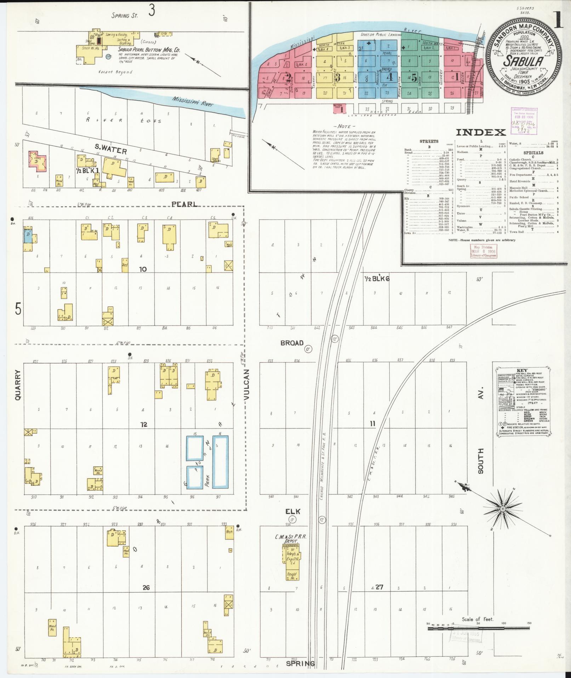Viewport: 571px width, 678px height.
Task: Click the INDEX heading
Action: pos(480,133)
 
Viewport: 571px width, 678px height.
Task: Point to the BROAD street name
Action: pos(292,343)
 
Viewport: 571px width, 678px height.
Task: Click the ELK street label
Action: pos(293,511)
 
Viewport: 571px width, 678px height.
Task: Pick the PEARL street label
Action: pos(184,204)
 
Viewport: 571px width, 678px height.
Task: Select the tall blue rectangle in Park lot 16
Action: pos(220,462)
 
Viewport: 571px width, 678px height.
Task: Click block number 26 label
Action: pos(146,588)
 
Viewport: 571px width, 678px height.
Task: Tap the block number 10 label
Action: pos(143,269)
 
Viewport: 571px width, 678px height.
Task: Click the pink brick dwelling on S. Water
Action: pos(36,160)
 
